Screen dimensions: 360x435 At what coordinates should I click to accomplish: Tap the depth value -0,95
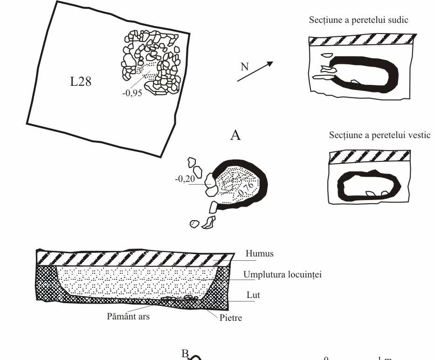[x=131, y=92]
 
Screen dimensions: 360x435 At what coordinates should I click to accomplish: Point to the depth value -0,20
[x=185, y=179]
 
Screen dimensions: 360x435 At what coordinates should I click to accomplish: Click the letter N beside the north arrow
[x=244, y=67]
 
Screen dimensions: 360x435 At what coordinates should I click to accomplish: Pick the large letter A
[x=235, y=136]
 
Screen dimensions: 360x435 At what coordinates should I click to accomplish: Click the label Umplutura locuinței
[x=283, y=274]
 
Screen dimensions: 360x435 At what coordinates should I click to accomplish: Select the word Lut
[x=254, y=295]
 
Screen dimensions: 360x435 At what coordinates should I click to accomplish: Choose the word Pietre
[x=231, y=319]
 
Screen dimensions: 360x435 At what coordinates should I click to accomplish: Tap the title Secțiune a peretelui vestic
[x=380, y=135]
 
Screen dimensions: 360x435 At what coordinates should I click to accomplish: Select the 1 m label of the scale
[x=384, y=358]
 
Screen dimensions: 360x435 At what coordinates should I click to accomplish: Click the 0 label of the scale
[x=327, y=358]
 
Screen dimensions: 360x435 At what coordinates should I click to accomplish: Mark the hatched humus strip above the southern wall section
[x=362, y=40]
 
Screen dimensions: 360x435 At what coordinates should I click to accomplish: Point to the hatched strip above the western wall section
[x=369, y=156]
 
